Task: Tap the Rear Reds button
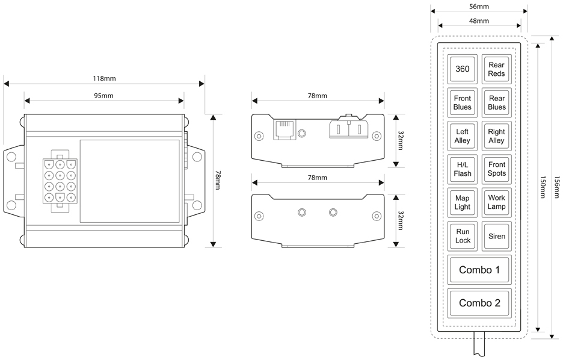[x=496, y=69]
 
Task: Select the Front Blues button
[x=463, y=103]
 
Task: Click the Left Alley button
[x=463, y=136]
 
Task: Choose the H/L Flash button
[x=463, y=169]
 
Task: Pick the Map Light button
[x=463, y=202]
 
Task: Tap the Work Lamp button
[x=496, y=202]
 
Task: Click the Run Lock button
[x=463, y=235]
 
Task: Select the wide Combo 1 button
[x=479, y=270]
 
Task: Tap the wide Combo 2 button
[x=479, y=303]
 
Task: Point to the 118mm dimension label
[x=104, y=79]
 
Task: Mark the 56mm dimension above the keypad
[x=479, y=7]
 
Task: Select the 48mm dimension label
[x=479, y=21]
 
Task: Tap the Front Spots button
[x=496, y=169]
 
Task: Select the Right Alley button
[x=496, y=136]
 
